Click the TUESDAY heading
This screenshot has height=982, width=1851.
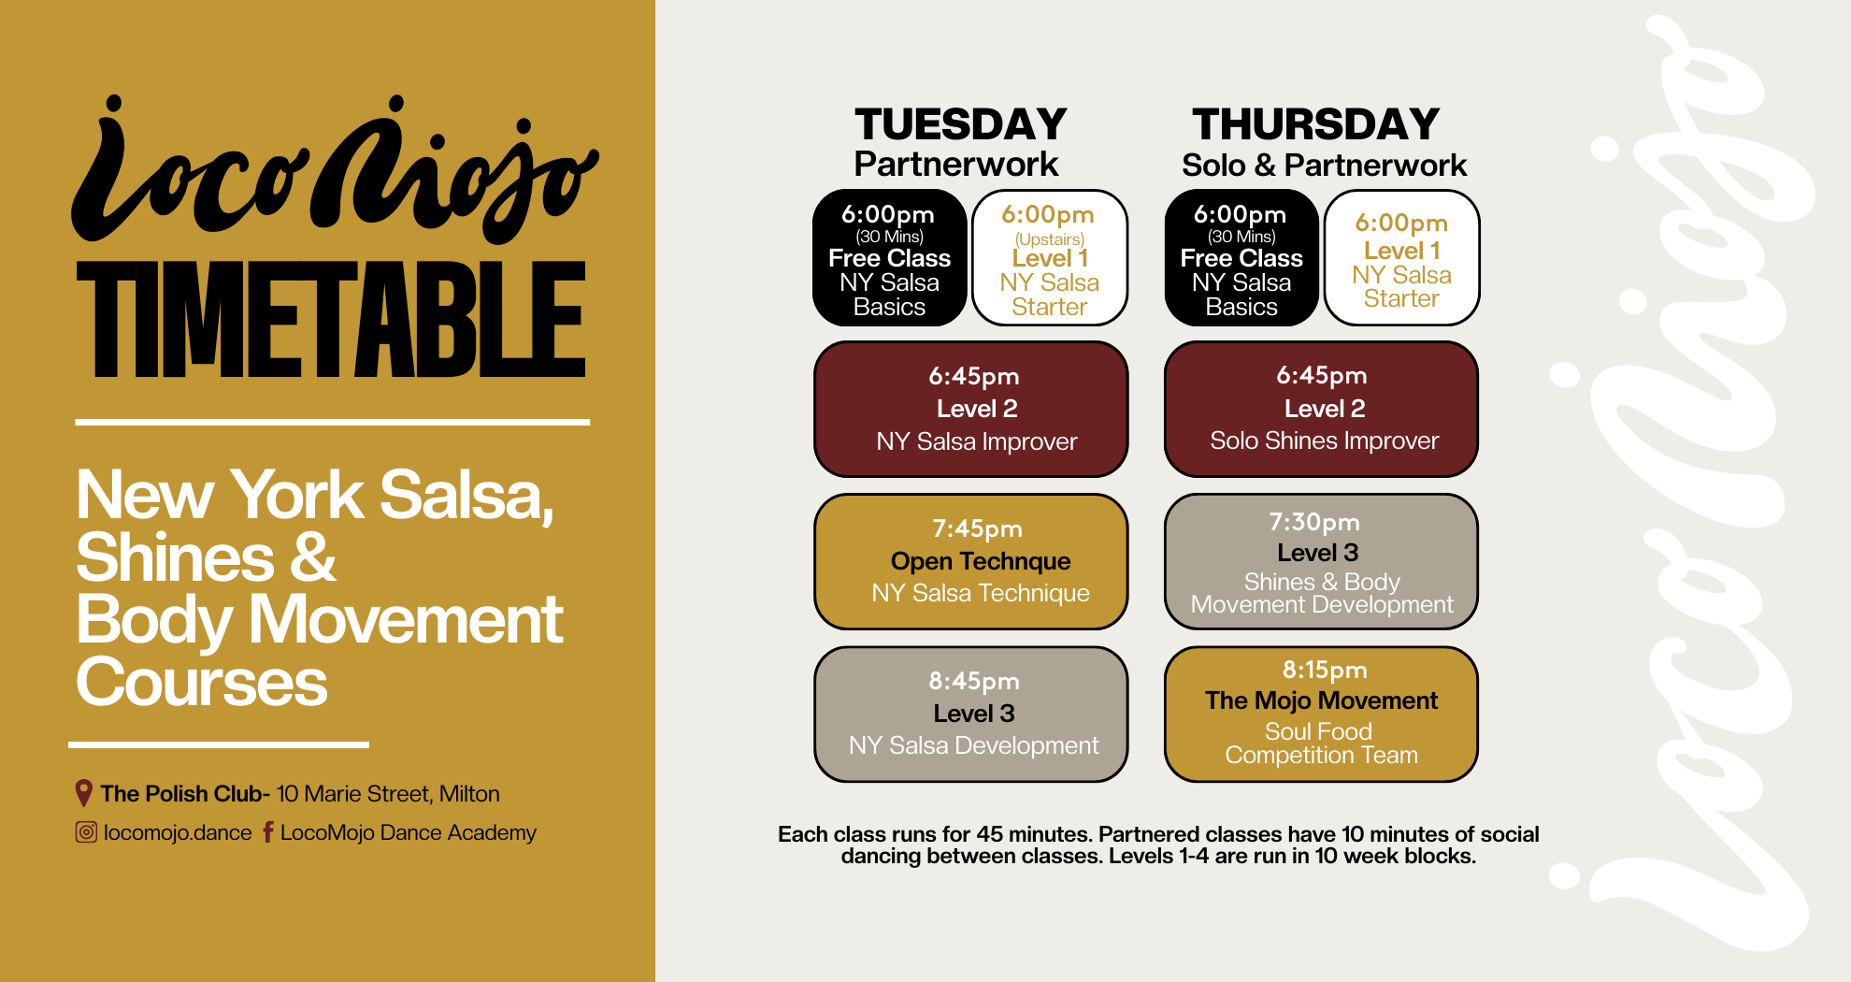coord(960,124)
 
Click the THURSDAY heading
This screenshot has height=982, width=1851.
coord(1315,124)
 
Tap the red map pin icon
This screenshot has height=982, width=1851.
coord(83,793)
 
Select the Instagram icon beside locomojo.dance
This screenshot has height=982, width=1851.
coord(86,831)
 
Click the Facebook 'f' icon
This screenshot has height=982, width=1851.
coord(268,831)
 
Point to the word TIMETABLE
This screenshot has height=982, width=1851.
coord(331,319)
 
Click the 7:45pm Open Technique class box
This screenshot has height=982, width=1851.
coord(971,561)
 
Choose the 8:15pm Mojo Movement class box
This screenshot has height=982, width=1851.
coord(1321,714)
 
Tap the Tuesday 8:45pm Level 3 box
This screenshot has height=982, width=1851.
coord(971,714)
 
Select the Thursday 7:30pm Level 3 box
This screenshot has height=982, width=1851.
coord(1321,561)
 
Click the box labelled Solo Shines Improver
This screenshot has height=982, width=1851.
coord(1321,409)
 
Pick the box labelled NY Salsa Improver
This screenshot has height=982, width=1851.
coord(971,409)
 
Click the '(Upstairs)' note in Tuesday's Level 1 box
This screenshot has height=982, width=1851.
coord(1050,239)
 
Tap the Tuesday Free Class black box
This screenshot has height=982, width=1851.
coord(890,258)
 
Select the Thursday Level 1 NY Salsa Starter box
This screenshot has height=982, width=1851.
coord(1401,258)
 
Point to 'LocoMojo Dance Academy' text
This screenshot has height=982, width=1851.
coord(409,832)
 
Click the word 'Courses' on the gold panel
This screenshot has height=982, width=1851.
coord(202,682)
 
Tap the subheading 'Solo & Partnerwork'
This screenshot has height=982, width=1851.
coord(1324,166)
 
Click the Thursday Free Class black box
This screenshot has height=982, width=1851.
coord(1241,258)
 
